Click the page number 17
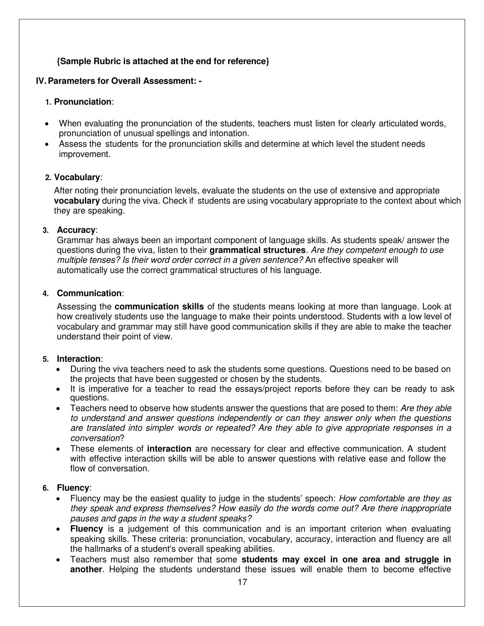click(x=242, y=582)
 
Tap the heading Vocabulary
click(x=77, y=177)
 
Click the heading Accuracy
click(x=76, y=230)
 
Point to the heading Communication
click(x=89, y=293)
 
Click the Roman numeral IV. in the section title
click(x=41, y=81)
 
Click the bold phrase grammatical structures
click(x=257, y=250)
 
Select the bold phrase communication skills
click(x=159, y=307)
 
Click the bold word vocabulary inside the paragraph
click(x=77, y=201)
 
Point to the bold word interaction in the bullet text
click(x=169, y=449)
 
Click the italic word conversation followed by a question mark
click(x=95, y=438)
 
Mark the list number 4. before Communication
click(x=46, y=294)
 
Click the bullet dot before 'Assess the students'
click(x=47, y=144)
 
